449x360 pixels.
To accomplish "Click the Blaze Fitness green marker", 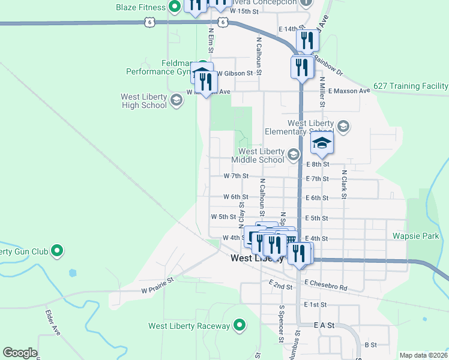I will point(175,7).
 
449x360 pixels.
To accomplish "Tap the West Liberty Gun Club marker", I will point(58,250).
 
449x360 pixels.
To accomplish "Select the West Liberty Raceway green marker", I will point(240,326).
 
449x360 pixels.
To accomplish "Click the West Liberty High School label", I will point(143,101).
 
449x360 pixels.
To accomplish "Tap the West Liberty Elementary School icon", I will point(342,127).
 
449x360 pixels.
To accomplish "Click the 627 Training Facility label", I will point(411,86).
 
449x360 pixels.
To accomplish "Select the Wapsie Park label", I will point(417,236).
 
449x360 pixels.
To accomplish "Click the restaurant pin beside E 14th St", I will point(307,41).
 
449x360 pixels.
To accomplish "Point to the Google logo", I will point(20,353).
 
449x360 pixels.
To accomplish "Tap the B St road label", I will point(370,345).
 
